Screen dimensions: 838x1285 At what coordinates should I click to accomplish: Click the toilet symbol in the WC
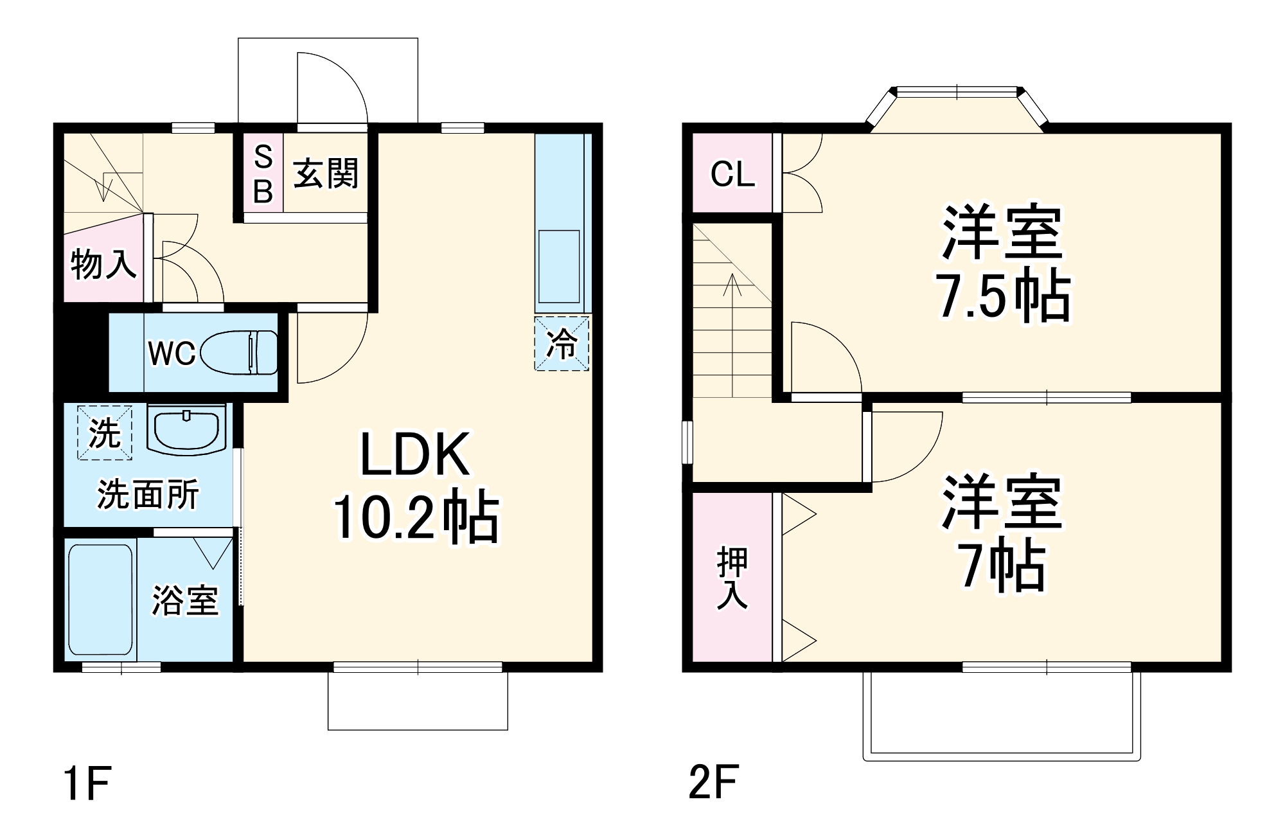point(240,352)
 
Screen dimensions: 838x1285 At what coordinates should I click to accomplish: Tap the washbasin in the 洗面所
point(186,428)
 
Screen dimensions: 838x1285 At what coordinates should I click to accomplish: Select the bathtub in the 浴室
point(100,600)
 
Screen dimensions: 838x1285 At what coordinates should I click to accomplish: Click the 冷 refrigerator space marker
point(562,343)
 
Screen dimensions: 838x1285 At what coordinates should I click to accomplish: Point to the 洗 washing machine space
point(105,432)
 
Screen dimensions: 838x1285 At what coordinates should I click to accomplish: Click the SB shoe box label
point(263,174)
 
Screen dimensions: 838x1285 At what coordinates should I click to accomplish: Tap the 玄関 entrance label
point(326,174)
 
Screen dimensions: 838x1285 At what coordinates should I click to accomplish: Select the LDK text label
point(414,455)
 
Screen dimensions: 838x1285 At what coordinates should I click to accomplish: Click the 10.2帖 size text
point(415,516)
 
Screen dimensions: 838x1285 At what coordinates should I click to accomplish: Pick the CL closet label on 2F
point(732,174)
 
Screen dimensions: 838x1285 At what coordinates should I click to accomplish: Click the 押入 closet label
point(732,577)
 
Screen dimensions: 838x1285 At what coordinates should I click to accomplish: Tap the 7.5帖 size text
point(1002,296)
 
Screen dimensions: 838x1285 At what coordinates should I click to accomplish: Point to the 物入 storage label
point(103,263)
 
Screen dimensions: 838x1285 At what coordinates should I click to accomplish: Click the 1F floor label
point(87,783)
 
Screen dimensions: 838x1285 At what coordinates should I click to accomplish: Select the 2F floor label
point(713,782)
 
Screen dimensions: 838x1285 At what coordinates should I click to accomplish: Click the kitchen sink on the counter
point(559,266)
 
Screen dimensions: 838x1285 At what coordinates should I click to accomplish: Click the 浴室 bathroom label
point(185,600)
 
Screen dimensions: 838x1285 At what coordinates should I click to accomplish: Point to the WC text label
point(172,353)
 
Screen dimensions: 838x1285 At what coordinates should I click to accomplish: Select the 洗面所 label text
point(148,494)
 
